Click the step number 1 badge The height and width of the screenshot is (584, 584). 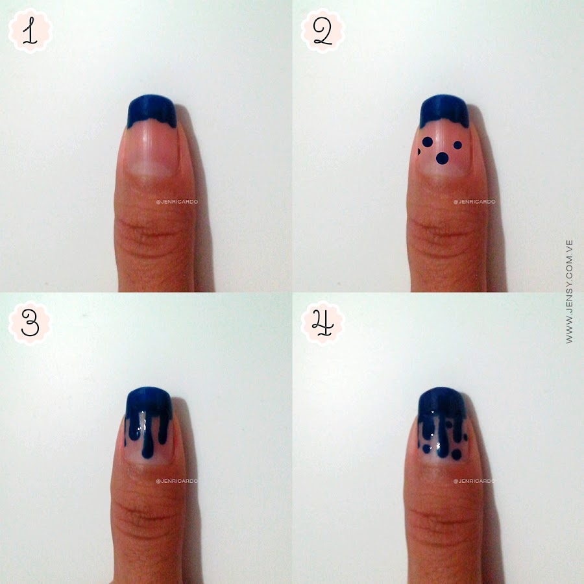point(30,31)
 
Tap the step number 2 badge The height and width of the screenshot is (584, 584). point(322,31)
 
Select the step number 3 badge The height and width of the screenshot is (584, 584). point(30,323)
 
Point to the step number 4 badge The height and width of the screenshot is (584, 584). point(322,323)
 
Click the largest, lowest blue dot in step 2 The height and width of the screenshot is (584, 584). point(442,158)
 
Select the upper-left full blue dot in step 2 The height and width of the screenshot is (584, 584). point(427,142)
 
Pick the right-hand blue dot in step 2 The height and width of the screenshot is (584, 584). point(457,145)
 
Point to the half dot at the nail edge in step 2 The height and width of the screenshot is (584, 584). point(419,152)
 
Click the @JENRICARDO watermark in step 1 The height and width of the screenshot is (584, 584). point(177,202)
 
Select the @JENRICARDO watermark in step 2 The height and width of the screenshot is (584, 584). point(474,202)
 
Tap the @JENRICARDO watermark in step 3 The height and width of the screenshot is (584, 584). point(177,481)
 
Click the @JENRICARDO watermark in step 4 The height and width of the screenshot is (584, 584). point(474,481)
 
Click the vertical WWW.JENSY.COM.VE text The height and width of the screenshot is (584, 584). point(569,291)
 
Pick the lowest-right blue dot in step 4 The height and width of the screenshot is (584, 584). point(456,454)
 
